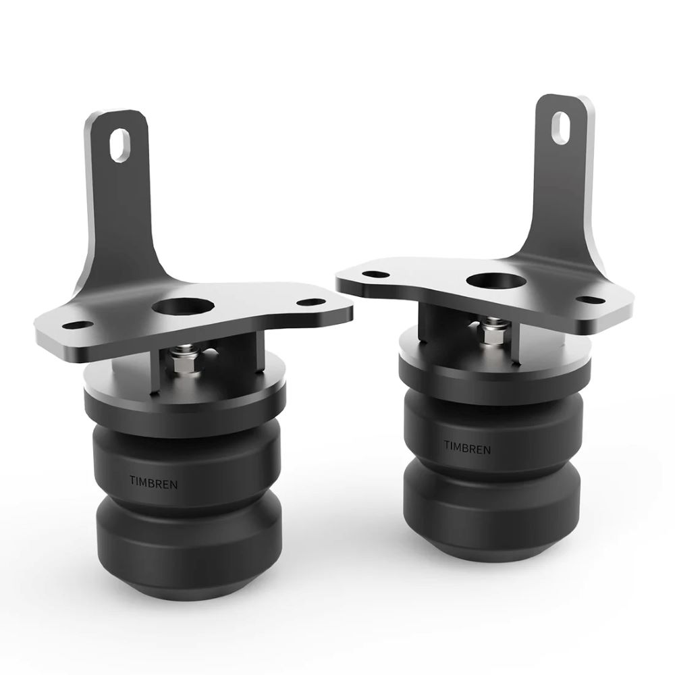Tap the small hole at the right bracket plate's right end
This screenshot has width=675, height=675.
591,300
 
